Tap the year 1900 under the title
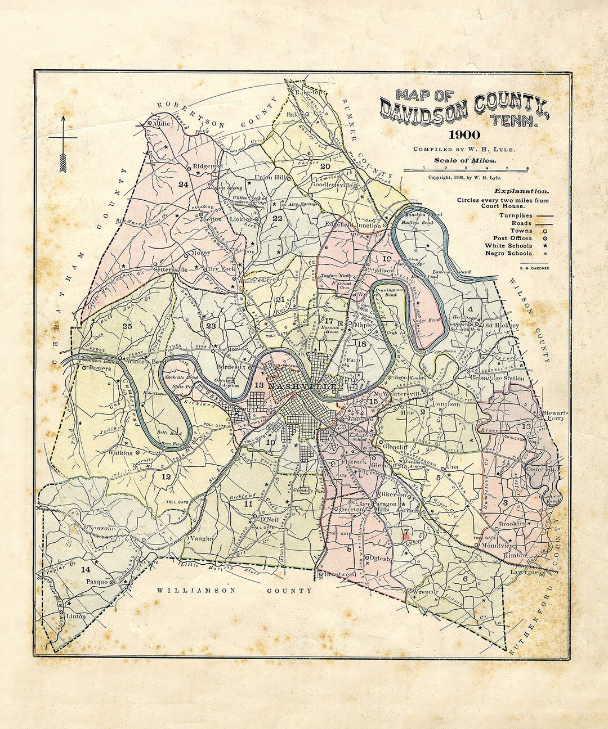pos(464,135)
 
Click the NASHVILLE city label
pos(303,387)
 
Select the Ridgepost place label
pos(208,166)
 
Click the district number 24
pos(182,184)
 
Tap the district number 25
pos(127,326)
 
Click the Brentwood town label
pos(340,574)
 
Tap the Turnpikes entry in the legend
pos(514,215)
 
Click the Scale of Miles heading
pos(465,160)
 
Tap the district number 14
pos(85,569)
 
